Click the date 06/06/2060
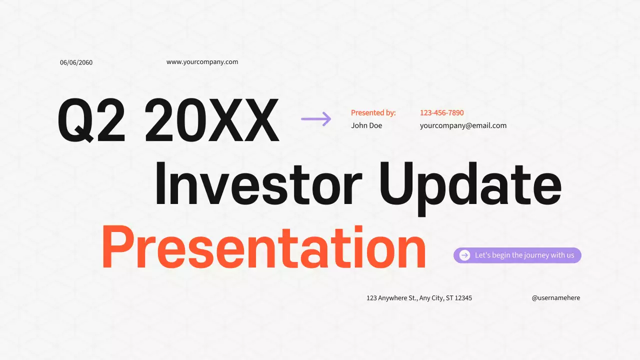[x=76, y=62]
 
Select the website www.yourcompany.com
[x=202, y=62]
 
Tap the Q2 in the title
[x=91, y=119]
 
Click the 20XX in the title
[x=212, y=119]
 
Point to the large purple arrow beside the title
[x=316, y=119]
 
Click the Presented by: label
[x=373, y=113]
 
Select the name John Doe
[x=366, y=125]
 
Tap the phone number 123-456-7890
[x=441, y=113]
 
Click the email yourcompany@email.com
[x=463, y=125]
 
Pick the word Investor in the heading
[x=258, y=183]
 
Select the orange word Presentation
[x=263, y=247]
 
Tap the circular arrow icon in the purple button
[x=464, y=255]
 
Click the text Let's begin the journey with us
[x=524, y=255]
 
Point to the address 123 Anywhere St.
[x=392, y=298]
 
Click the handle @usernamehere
[x=556, y=297]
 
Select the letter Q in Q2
[x=75, y=120]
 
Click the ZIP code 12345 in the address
[x=463, y=298]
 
